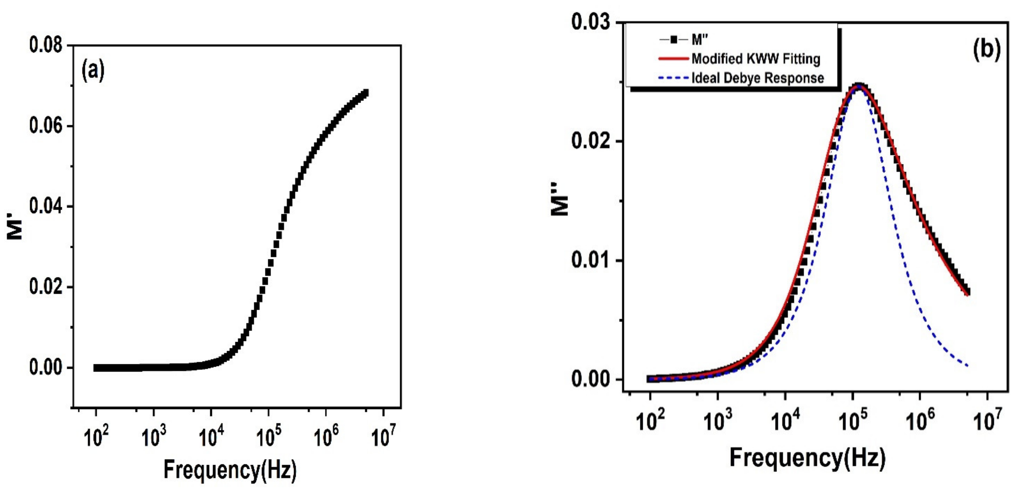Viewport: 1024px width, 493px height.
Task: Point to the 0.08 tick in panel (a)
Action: (46, 45)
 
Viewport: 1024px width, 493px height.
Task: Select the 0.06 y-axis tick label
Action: (46, 126)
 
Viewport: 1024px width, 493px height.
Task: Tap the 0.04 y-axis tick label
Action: (46, 207)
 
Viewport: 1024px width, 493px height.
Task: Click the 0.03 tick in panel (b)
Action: (590, 22)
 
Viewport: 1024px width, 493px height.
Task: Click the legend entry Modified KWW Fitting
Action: (755, 59)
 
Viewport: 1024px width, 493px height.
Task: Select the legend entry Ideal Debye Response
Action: (757, 78)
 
